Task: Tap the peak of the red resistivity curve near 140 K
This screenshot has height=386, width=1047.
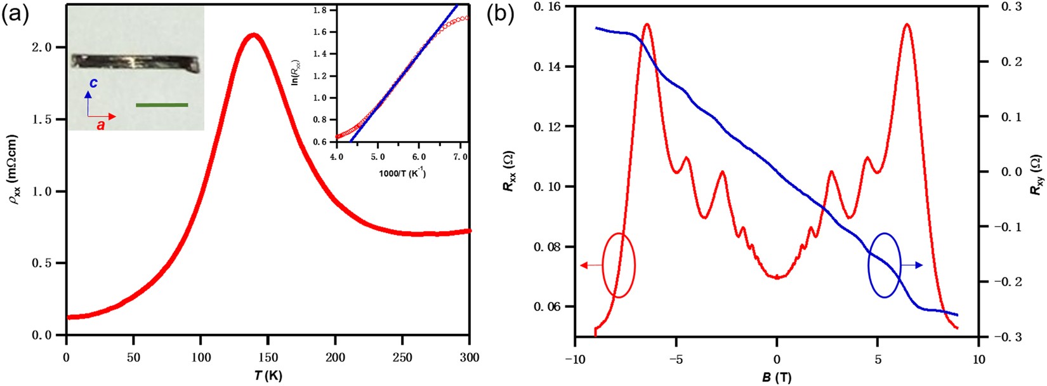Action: click(x=254, y=35)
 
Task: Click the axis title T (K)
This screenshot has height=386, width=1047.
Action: click(x=268, y=375)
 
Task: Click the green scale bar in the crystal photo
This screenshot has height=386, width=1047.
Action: click(x=162, y=105)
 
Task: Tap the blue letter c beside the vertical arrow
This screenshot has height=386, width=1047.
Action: click(x=94, y=83)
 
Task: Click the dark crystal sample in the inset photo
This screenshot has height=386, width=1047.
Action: click(x=135, y=62)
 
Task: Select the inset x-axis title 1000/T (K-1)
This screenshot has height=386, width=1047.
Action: click(x=402, y=173)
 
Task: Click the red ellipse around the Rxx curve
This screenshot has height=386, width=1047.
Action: click(x=619, y=265)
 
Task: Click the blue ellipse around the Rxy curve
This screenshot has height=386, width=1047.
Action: click(x=884, y=265)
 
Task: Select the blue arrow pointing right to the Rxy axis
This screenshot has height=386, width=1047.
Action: click(x=912, y=265)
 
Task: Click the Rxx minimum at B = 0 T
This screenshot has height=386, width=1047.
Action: click(x=777, y=277)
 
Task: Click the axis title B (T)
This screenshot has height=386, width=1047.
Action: click(x=777, y=378)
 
